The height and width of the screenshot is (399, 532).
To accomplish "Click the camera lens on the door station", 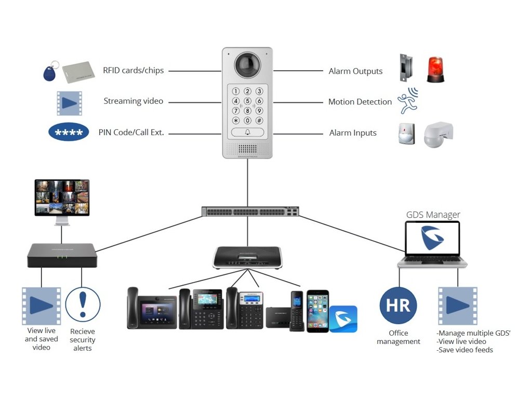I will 247,65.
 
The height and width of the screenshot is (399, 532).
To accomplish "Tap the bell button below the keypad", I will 247,132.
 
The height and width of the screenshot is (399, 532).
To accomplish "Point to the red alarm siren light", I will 436,69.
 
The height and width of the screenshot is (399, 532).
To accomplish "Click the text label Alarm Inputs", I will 353,133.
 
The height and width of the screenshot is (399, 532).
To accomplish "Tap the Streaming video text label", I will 133,101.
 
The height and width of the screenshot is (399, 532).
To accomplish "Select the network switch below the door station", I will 247,211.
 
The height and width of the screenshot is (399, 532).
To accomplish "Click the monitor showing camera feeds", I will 62,197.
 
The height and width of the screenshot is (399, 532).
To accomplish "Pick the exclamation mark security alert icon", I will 82,305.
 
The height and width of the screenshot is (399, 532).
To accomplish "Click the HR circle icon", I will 398,305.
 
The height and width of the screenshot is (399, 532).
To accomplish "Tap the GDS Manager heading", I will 433,215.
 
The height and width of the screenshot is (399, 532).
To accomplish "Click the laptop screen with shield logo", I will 432,238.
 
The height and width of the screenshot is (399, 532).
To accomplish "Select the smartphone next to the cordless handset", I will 317,311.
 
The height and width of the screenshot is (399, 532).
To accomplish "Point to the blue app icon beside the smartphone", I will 343,318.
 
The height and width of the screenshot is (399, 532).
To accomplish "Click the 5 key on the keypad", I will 247,101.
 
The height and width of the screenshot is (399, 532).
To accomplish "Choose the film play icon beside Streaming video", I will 69,102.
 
